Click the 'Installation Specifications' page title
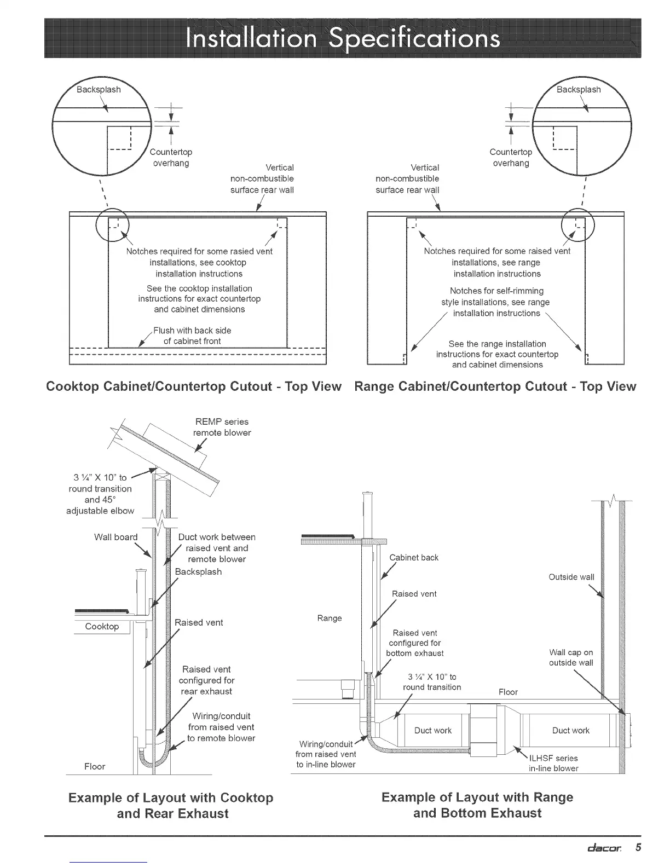[x=342, y=38]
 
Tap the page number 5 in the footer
[x=638, y=847]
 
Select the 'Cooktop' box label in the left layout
[x=102, y=626]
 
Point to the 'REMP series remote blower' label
[x=222, y=427]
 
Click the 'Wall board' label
[x=115, y=537]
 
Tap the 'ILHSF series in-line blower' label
[x=553, y=763]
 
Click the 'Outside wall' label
[x=571, y=577]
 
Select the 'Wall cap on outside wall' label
[x=571, y=657]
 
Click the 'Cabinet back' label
[x=414, y=557]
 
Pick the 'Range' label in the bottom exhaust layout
[x=330, y=618]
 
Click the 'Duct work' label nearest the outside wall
[x=571, y=730]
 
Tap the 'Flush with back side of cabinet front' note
[x=192, y=336]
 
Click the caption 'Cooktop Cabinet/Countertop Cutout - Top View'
[x=194, y=386]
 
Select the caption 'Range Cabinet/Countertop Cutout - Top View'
[x=495, y=386]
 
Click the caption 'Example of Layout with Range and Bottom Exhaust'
[x=477, y=805]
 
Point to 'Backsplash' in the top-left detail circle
[x=99, y=89]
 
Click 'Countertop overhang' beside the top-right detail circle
[x=511, y=157]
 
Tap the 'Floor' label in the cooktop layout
[x=95, y=766]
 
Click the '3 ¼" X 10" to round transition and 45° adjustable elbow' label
[x=100, y=494]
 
